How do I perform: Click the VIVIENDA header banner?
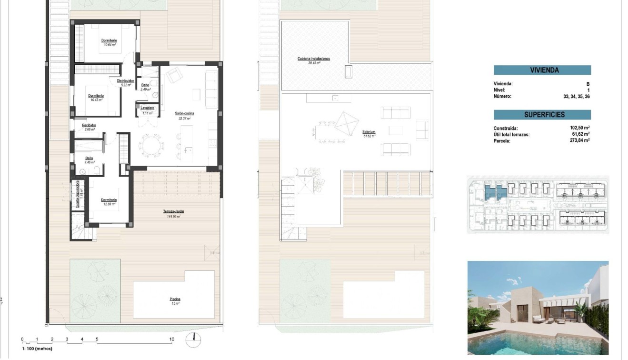click(x=542, y=70)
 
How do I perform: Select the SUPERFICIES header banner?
click(x=542, y=115)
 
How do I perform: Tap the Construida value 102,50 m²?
click(x=580, y=128)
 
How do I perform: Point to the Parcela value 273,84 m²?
click(x=580, y=140)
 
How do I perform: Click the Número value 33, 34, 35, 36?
click(x=576, y=96)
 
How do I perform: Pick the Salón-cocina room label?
click(x=184, y=113)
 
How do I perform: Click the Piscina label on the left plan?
click(x=175, y=299)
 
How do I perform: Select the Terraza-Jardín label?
click(x=173, y=211)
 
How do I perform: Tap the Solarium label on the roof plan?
click(x=369, y=131)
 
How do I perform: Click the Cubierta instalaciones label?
click(x=313, y=59)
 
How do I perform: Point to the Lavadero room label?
click(x=147, y=108)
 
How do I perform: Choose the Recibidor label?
click(x=90, y=125)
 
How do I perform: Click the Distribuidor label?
click(x=125, y=81)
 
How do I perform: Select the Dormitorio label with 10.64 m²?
click(x=110, y=40)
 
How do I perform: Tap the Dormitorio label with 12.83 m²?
click(x=110, y=200)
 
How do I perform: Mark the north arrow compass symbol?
click(x=194, y=340)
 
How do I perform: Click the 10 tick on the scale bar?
click(x=171, y=340)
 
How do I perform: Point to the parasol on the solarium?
click(x=346, y=123)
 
